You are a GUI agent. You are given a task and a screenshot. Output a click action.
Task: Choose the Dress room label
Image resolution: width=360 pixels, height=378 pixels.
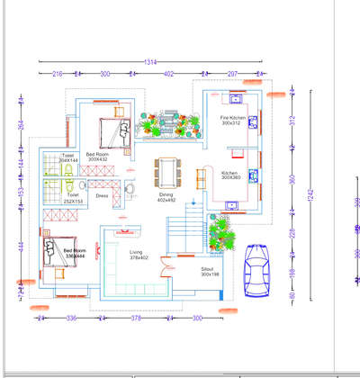102,194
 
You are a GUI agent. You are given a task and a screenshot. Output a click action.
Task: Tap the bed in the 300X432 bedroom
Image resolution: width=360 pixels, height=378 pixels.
113,132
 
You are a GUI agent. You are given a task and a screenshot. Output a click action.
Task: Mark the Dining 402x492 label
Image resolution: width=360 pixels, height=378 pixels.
166,197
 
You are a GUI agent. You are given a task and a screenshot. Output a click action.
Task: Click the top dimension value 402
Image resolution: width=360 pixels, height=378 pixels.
168,74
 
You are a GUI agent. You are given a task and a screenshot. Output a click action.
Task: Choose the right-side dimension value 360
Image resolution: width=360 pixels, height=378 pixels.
291,178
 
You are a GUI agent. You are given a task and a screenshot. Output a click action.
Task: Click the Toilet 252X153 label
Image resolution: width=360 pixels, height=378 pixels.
73,196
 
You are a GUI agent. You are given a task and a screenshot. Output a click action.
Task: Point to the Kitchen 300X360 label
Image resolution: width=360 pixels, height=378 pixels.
230,175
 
